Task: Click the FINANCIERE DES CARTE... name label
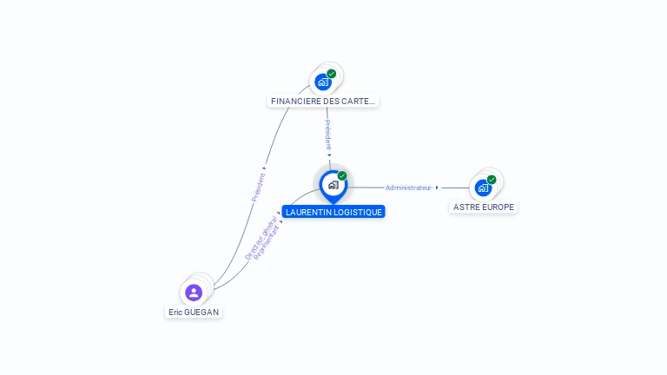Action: point(323,102)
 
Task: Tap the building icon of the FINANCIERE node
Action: point(323,82)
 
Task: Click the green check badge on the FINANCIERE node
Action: point(332,74)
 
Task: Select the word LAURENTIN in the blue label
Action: point(308,212)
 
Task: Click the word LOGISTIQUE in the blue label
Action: point(356,212)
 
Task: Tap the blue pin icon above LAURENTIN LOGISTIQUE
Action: point(333,185)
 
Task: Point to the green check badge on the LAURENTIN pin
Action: point(342,176)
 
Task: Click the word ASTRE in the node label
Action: point(466,207)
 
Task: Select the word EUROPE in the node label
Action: point(498,207)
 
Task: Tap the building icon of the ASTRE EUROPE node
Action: point(483,187)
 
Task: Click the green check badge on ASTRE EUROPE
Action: point(492,180)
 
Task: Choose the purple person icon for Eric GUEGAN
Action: point(194,293)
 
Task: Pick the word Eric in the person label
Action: point(176,312)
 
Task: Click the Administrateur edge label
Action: point(408,187)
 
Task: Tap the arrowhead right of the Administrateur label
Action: point(437,187)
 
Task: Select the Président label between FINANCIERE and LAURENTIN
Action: point(328,135)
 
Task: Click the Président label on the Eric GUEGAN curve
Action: point(258,185)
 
